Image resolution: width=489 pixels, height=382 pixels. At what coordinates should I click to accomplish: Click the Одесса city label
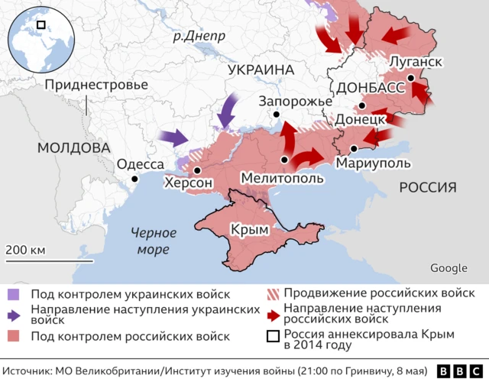point(140,164)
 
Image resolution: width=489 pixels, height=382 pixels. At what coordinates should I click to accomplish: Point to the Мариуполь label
point(373,163)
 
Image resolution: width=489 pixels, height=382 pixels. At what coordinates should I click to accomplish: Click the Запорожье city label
point(296,102)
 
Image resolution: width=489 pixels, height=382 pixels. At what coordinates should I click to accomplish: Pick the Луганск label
point(416,60)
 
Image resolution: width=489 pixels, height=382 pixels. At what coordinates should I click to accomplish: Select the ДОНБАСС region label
point(371,87)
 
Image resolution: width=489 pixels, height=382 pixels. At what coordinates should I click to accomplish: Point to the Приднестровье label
point(96,84)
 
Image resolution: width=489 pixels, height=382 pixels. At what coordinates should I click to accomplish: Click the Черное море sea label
point(153,240)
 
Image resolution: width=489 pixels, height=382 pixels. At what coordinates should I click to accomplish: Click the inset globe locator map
point(39,37)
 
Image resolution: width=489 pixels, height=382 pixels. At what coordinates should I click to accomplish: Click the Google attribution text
point(449,267)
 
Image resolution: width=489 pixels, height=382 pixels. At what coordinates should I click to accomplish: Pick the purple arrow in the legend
point(15,315)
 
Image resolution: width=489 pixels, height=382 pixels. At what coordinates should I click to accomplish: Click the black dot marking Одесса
point(134,179)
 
